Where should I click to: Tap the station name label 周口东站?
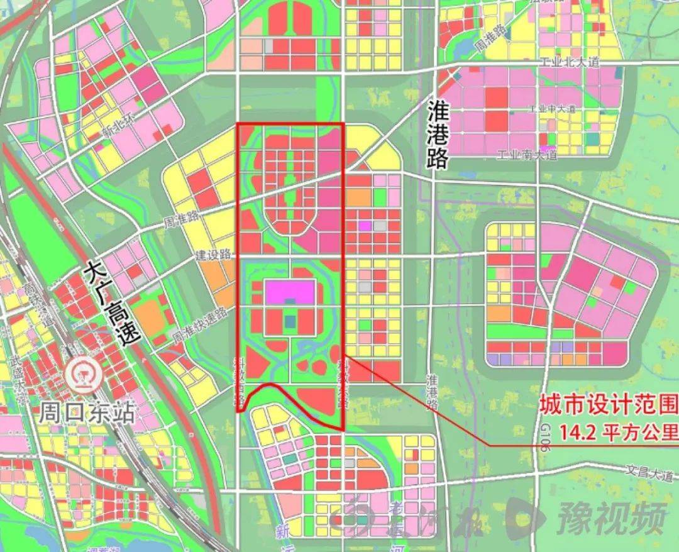87,413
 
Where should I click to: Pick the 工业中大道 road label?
553,109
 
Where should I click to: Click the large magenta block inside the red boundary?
290,292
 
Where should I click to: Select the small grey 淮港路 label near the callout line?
432,391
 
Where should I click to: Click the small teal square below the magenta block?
289,321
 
